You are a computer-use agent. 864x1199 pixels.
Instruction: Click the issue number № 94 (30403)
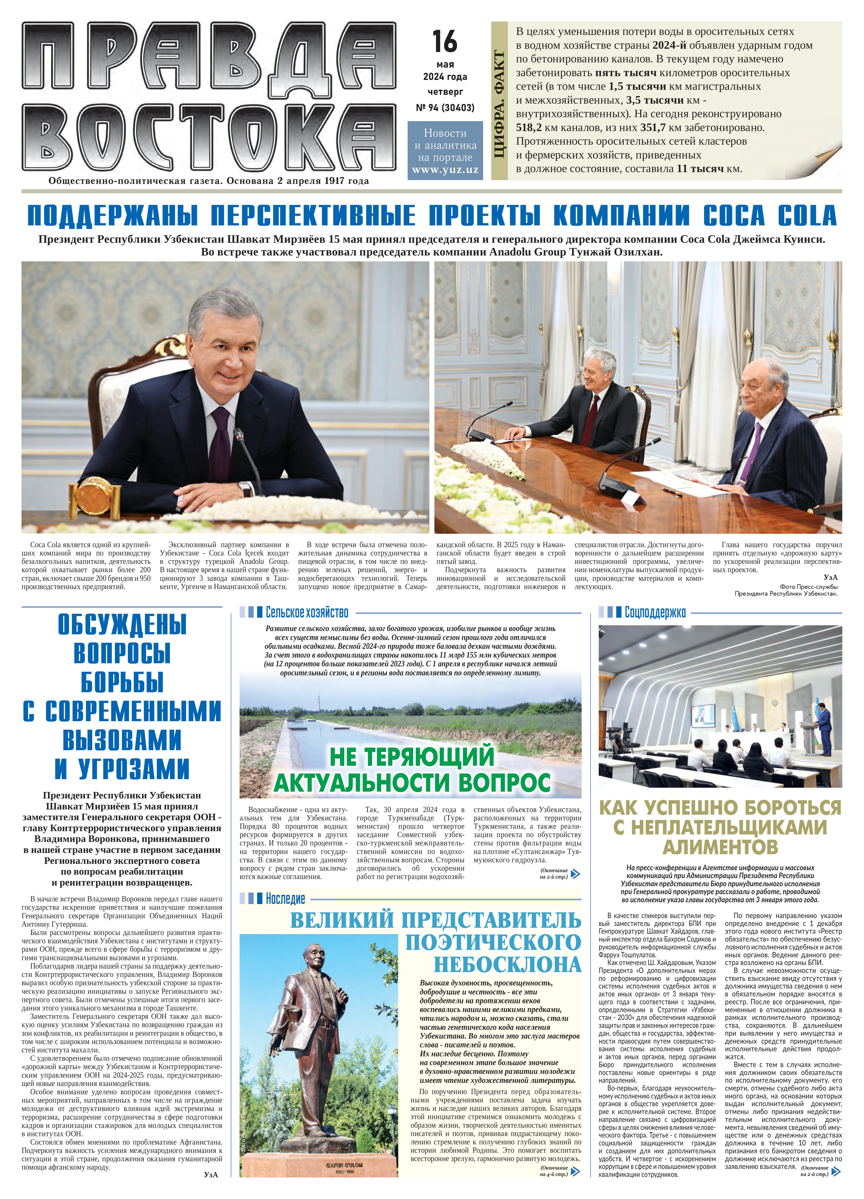click(x=445, y=108)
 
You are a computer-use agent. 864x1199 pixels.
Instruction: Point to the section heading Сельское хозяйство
click(x=307, y=613)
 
